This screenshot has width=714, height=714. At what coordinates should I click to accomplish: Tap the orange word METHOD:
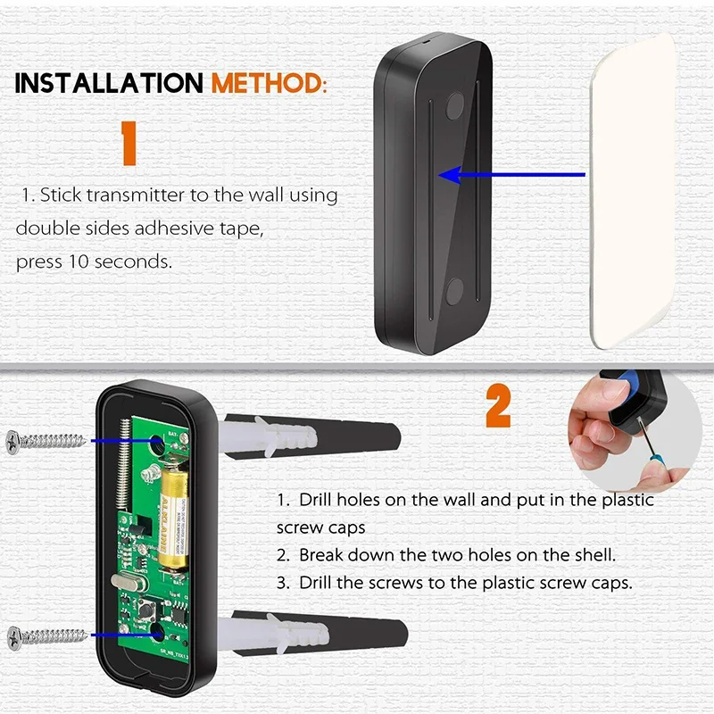[268, 84]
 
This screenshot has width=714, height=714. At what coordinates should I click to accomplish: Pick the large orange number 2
[498, 408]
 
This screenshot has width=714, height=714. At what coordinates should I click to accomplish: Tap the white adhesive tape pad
[634, 192]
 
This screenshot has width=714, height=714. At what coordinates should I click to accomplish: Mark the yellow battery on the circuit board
[174, 512]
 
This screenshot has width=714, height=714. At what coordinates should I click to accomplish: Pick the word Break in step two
[321, 555]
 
